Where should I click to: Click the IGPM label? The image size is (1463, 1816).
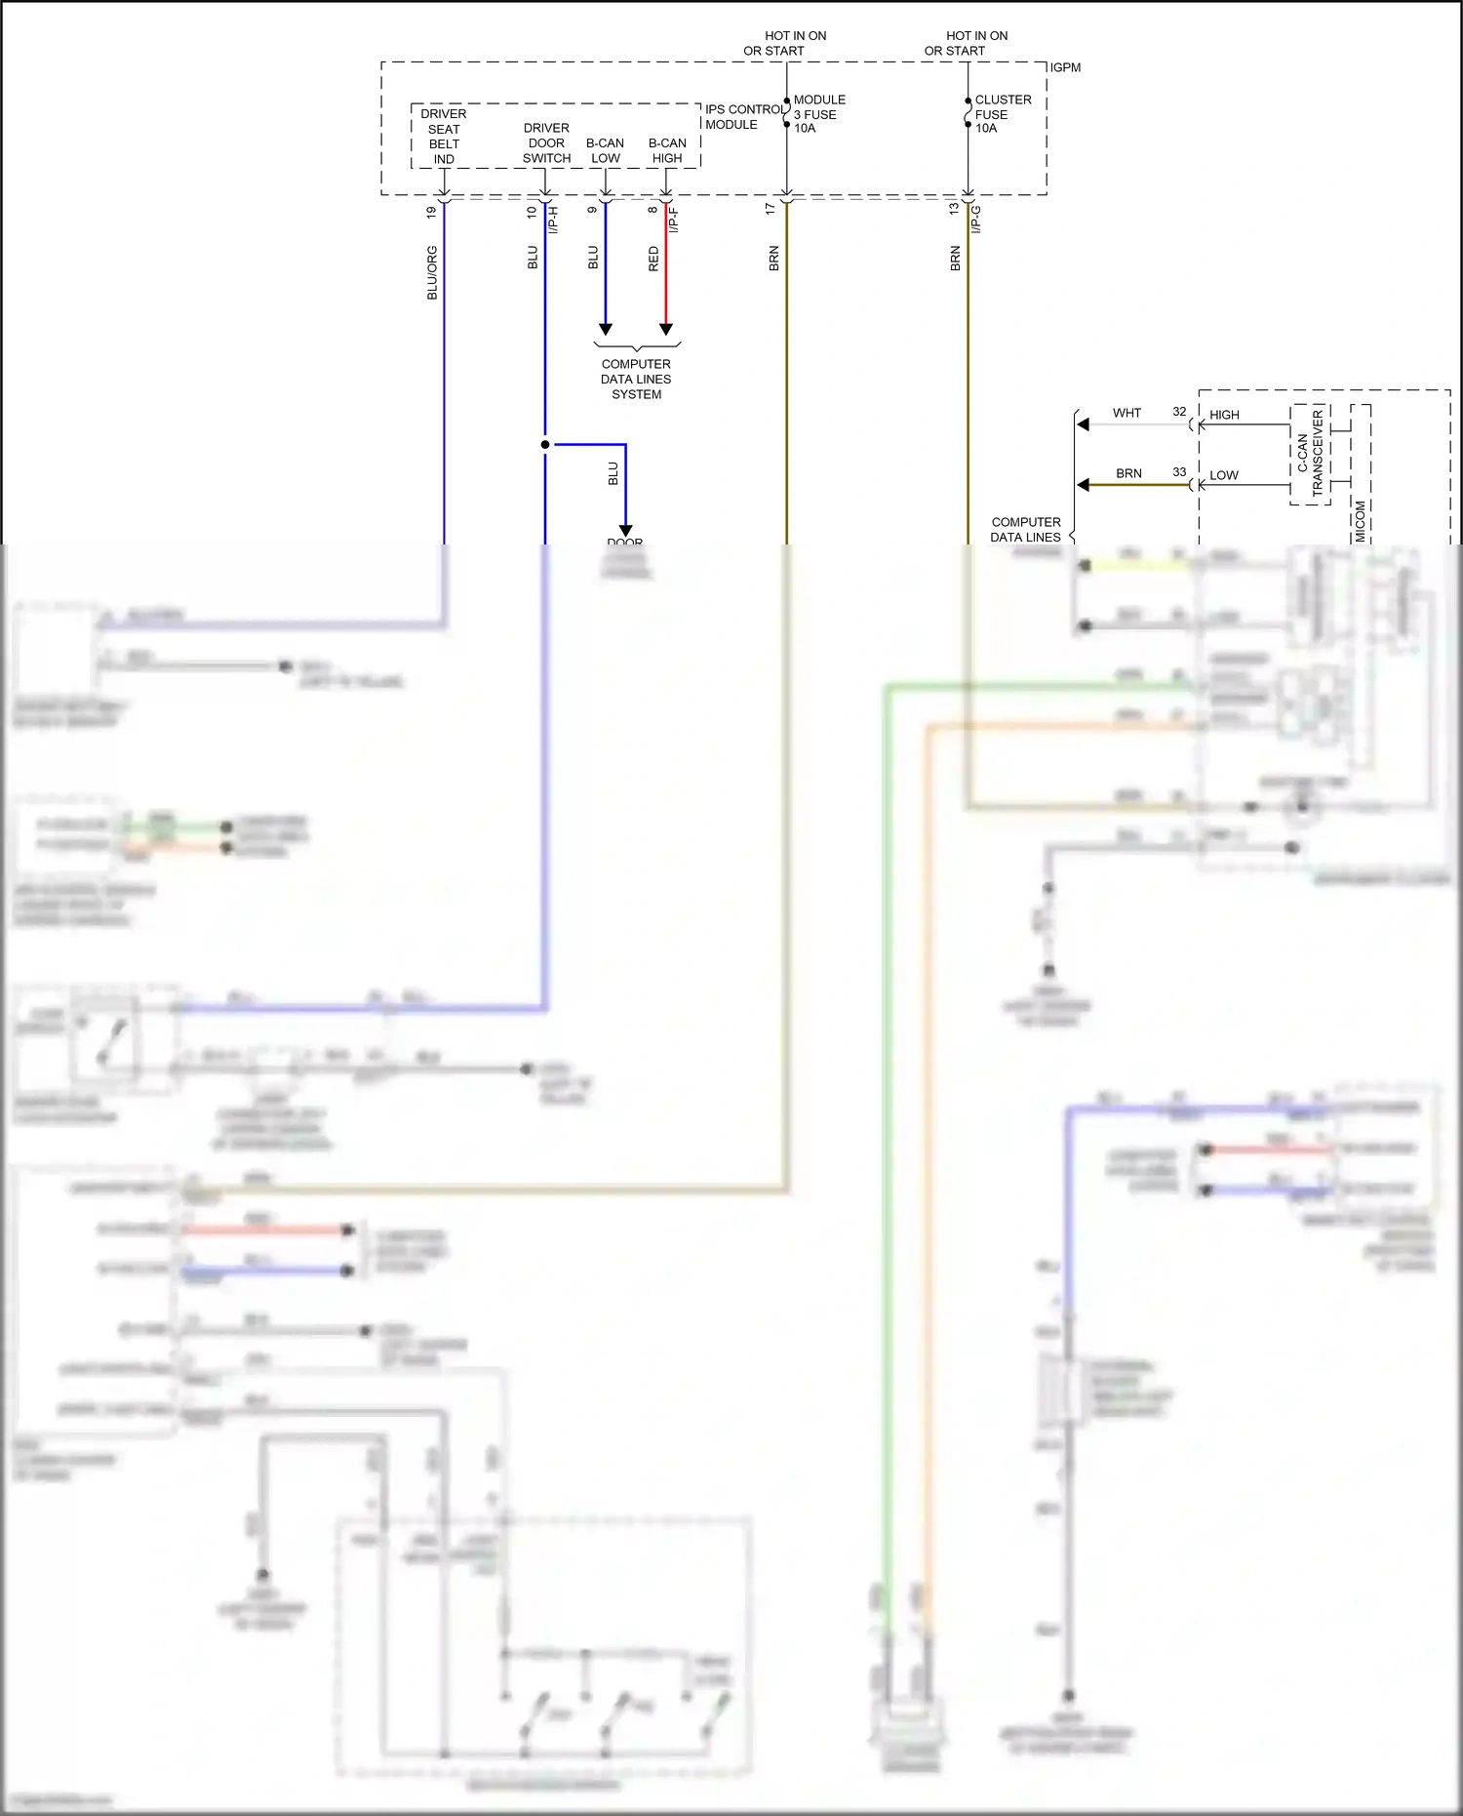1065,67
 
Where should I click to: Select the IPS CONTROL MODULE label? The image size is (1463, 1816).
744,117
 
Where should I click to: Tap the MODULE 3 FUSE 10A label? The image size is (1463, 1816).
818,114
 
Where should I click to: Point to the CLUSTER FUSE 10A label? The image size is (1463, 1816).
1002,114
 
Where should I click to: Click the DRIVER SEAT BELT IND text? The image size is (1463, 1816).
444,137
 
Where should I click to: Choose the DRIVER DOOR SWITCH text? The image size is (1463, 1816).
546,143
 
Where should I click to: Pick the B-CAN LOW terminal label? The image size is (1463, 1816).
605,150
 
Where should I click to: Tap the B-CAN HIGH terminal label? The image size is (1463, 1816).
667,150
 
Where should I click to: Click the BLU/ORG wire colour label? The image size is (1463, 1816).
432,272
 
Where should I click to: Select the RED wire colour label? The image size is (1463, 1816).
653,259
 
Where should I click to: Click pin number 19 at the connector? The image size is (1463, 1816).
431,212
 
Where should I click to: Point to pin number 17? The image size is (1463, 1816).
771,209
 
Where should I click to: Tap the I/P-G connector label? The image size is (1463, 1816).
976,220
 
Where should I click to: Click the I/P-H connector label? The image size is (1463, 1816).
553,220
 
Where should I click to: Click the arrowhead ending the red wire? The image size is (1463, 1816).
666,329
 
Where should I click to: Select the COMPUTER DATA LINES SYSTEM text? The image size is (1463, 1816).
636,379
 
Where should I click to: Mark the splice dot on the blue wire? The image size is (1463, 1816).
545,445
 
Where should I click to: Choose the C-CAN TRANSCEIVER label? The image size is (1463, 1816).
1310,454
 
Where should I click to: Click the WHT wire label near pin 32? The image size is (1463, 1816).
1127,413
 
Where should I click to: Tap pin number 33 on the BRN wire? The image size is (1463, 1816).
1179,472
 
